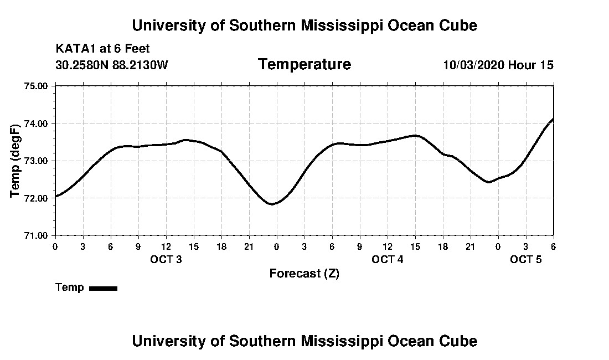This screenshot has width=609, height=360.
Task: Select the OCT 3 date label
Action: tap(166, 260)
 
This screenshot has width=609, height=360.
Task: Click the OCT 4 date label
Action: tap(388, 260)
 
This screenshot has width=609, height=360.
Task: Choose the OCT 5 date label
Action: tap(526, 260)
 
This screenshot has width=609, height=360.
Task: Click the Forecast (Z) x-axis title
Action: tap(304, 274)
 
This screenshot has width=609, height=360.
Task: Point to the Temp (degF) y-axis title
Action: tap(15, 161)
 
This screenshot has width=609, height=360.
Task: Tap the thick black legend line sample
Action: tap(104, 288)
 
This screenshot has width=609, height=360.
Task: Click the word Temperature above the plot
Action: tap(304, 65)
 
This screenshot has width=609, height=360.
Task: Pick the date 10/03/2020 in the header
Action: tap(473, 65)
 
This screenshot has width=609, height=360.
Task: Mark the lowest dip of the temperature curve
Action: tap(272, 204)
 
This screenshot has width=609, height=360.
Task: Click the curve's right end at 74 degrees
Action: tap(553, 119)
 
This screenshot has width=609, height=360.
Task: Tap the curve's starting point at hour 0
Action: tap(56, 196)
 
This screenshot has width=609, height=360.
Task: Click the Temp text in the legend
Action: tap(70, 287)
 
